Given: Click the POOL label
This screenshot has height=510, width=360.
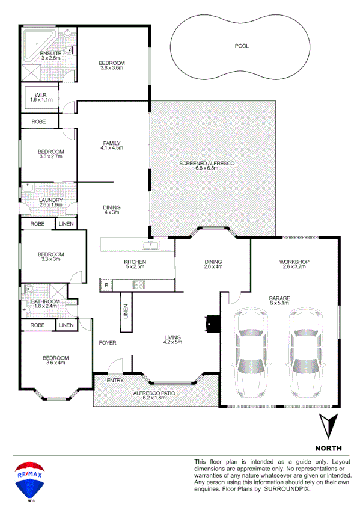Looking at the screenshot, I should pyautogui.click(x=241, y=46).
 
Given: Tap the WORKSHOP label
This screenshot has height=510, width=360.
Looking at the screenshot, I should pyautogui.click(x=294, y=262).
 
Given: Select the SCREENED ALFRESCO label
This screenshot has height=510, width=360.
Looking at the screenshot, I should pyautogui.click(x=206, y=164).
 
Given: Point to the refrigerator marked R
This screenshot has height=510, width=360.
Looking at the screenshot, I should pyautogui.click(x=107, y=285).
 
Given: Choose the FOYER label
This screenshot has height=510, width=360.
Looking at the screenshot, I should pyautogui.click(x=108, y=343).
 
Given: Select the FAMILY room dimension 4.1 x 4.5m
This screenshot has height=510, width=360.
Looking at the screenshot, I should pyautogui.click(x=112, y=147).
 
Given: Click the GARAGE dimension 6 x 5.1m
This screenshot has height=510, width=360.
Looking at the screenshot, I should pyautogui.click(x=279, y=304).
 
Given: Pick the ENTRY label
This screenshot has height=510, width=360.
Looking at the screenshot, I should pyautogui.click(x=115, y=381).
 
